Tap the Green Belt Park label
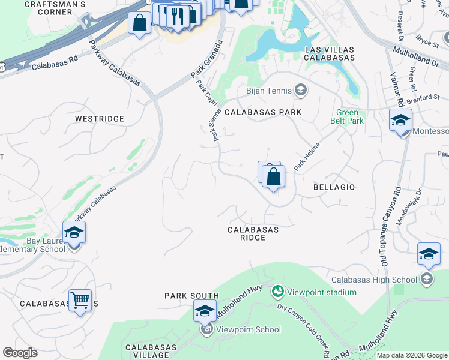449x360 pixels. (347, 117)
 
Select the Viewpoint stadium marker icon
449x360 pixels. (278, 292)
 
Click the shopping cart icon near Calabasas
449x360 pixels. (80, 300)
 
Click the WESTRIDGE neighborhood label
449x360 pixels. (100, 119)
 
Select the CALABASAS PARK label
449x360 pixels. (263, 112)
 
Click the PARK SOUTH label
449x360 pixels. (192, 296)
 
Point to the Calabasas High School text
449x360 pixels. (375, 280)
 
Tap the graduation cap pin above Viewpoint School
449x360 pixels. (205, 311)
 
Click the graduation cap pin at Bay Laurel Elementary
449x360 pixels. (74, 232)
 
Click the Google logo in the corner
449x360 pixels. (20, 353)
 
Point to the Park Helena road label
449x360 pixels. (307, 155)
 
